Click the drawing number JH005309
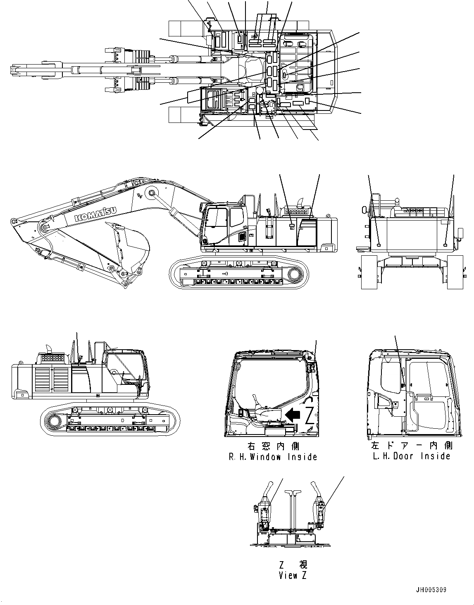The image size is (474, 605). click(431, 590)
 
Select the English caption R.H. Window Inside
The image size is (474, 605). click(273, 457)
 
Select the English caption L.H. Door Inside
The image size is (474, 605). click(411, 456)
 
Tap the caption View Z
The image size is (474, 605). click(293, 575)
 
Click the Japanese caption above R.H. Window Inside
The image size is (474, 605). click(273, 446)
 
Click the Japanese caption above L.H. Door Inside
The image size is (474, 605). click(411, 445)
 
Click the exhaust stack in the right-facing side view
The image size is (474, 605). click(48, 347)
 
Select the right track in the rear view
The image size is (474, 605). click(455, 272)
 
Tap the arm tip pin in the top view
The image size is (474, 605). click(15, 70)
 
